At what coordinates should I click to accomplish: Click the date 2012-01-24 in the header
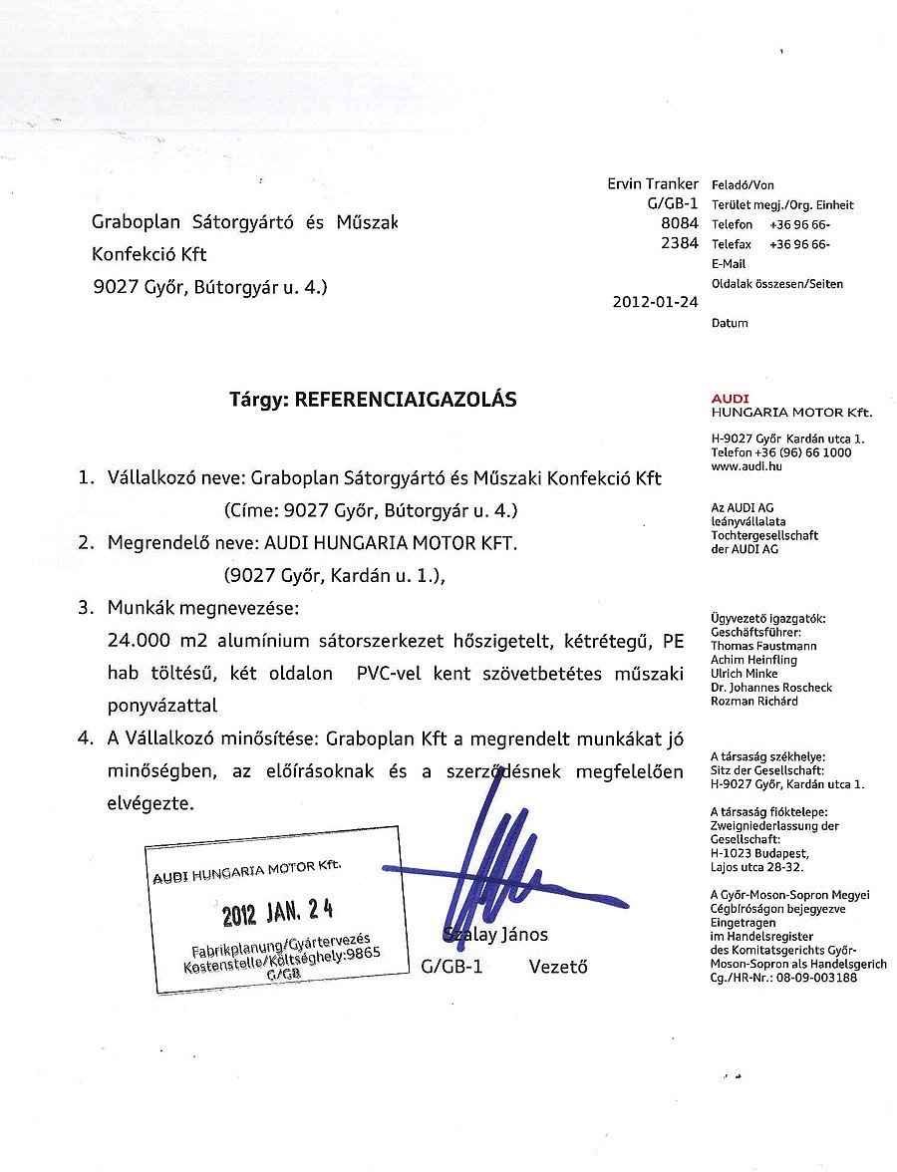click(656, 303)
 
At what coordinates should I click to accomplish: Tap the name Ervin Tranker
click(653, 184)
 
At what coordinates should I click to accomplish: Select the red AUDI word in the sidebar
click(731, 399)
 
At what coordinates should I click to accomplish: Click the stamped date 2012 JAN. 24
click(278, 911)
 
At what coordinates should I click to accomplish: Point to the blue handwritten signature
click(488, 867)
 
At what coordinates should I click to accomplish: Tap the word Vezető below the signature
click(558, 966)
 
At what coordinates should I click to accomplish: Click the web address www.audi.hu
click(745, 465)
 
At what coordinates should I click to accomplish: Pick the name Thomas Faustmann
click(762, 646)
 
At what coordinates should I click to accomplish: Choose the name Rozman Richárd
click(755, 701)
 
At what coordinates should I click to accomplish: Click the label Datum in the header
click(730, 323)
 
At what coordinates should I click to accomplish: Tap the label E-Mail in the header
click(729, 264)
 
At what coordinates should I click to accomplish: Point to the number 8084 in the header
click(680, 224)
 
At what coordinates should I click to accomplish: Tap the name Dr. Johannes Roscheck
click(771, 688)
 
